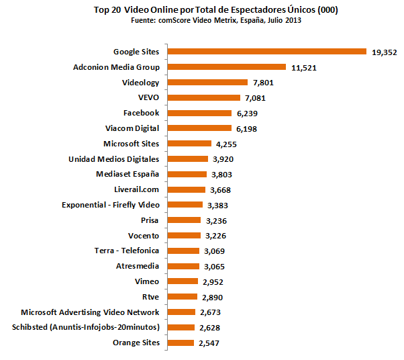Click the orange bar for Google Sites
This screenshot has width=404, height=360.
266,52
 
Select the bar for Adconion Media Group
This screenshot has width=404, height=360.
226,67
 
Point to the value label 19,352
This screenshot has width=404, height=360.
385,52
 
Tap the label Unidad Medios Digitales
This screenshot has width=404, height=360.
113,159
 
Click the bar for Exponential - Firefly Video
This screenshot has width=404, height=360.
185,205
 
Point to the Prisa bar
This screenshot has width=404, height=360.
184,220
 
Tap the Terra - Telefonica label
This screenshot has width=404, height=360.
127,251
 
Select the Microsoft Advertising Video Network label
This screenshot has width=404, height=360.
90,312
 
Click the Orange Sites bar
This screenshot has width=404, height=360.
180,343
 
